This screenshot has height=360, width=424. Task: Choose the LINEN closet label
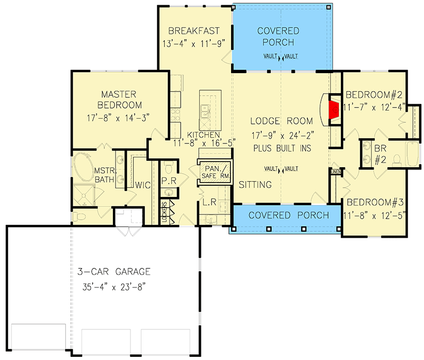click(335, 172)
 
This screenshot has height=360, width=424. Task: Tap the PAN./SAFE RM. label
click(214, 173)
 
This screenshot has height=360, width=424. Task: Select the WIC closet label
click(143, 185)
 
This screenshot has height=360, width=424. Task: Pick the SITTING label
click(255, 185)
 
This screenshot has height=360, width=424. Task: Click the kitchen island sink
click(206, 112)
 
